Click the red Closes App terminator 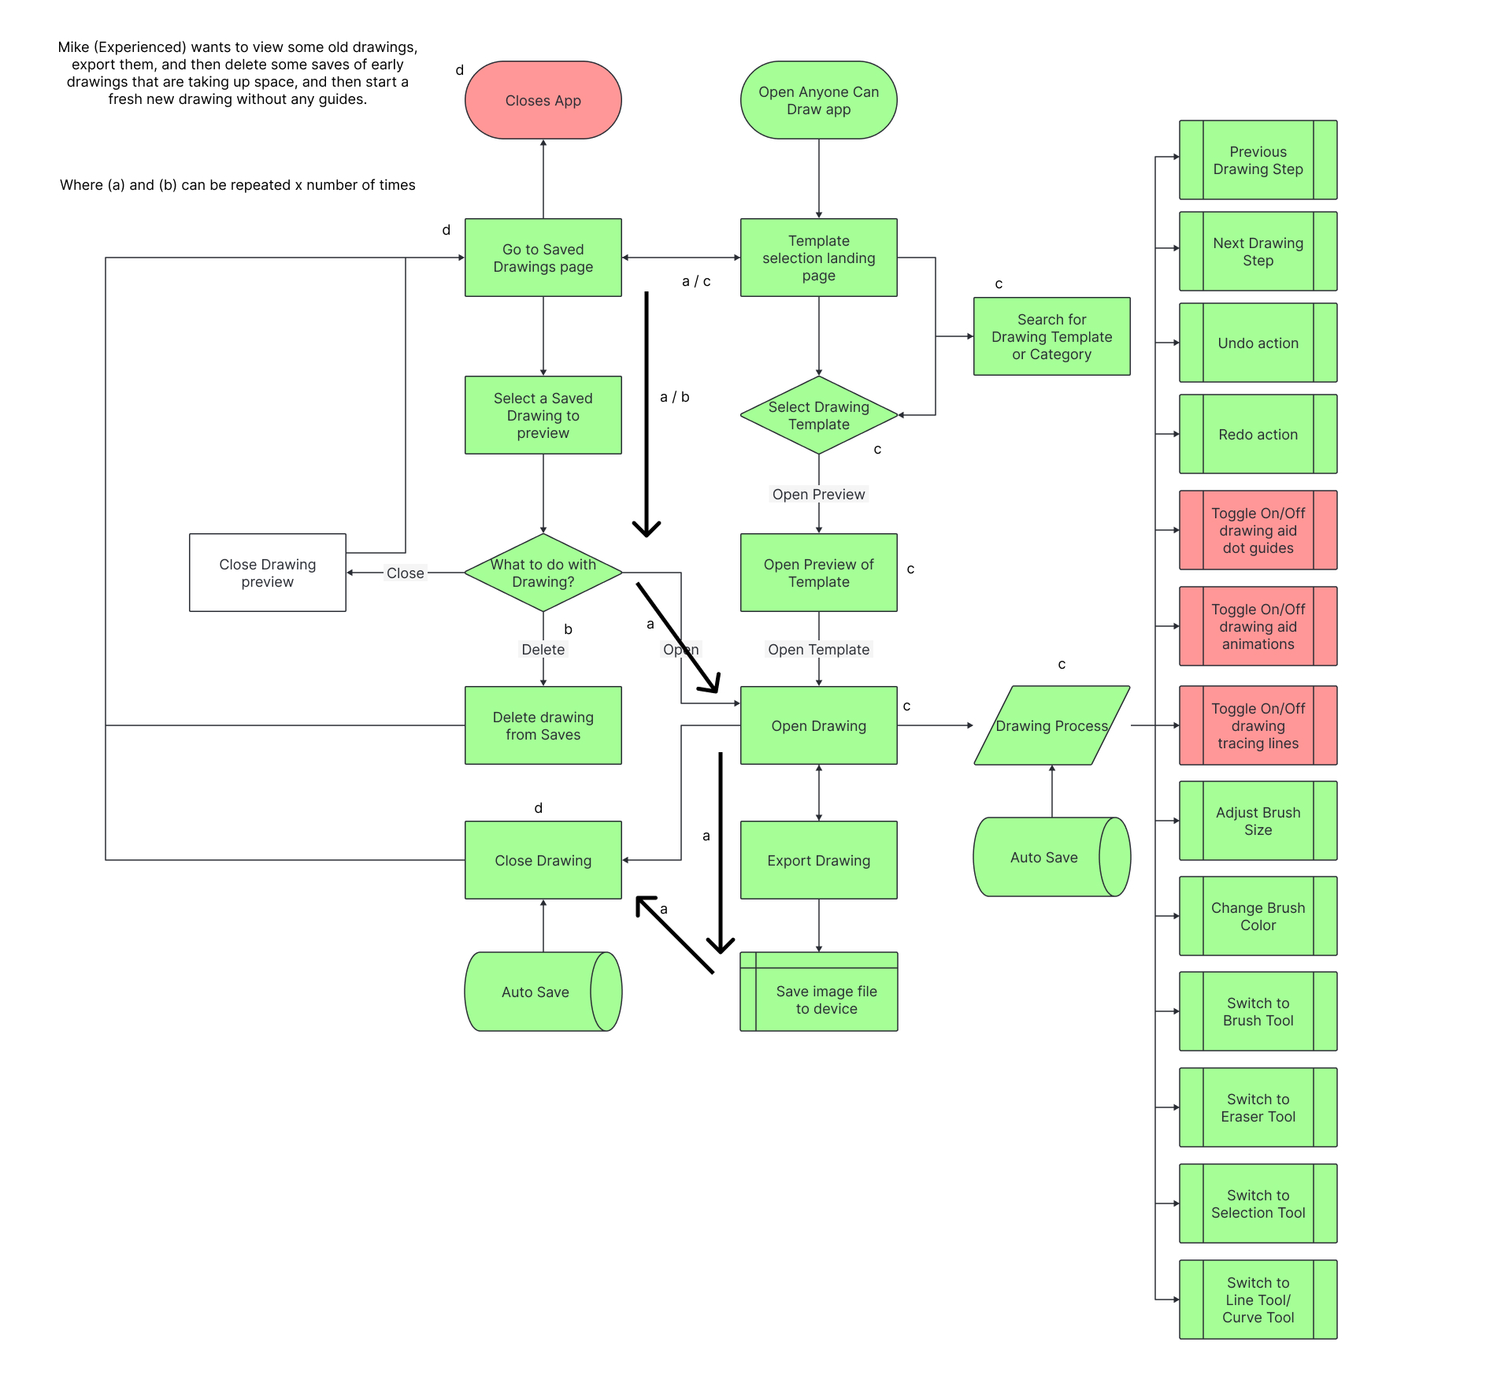pos(543,100)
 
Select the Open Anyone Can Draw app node pos(818,100)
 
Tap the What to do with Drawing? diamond pos(543,573)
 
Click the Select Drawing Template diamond pos(818,415)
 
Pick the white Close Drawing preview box pos(267,573)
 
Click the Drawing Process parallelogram pos(1051,725)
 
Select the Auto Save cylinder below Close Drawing pos(535,992)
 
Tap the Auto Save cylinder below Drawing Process pos(1043,857)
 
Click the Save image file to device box pos(825,999)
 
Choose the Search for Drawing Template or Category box pos(1051,336)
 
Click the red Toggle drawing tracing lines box pos(1258,725)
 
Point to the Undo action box pos(1258,343)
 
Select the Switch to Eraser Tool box pos(1258,1107)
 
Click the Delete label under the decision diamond pos(543,649)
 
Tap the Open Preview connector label pos(818,494)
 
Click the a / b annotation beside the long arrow pos(674,397)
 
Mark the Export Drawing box pos(818,860)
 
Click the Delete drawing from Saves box pos(543,725)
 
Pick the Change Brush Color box pos(1258,916)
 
